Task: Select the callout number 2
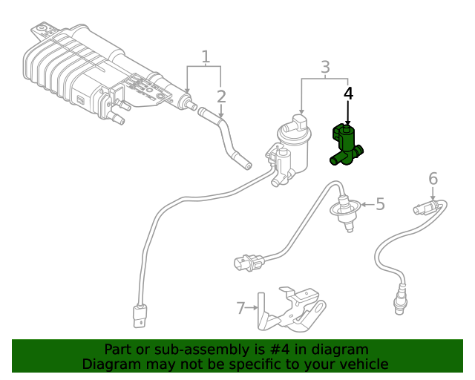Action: click(x=221, y=96)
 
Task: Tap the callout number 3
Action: click(x=325, y=68)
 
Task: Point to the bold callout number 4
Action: click(x=348, y=94)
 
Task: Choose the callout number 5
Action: click(x=380, y=203)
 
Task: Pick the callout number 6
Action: click(x=433, y=178)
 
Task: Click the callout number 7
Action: click(x=240, y=307)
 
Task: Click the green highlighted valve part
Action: click(x=345, y=144)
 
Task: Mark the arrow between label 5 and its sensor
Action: click(x=366, y=204)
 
